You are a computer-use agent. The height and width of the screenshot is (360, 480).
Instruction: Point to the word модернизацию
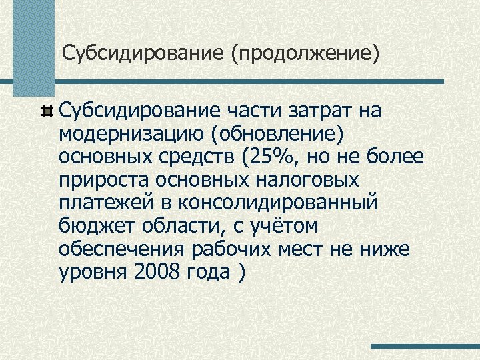click(x=131, y=133)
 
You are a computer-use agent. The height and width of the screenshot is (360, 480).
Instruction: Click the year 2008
click(x=159, y=272)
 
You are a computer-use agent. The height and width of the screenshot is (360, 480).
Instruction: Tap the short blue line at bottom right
click(x=425, y=347)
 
